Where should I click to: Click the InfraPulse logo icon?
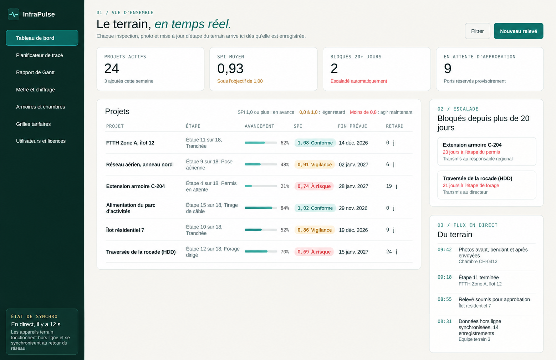coord(14,14)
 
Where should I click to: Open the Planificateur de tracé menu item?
coord(40,55)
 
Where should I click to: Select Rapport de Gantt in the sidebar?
coord(35,72)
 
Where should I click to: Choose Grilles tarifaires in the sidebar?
coord(33,124)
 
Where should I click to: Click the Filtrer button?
coord(477,31)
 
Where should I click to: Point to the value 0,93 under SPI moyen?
coord(230,68)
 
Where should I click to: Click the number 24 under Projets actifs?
coord(111,68)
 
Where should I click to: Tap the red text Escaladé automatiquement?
coord(358,81)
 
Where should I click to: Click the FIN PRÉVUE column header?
coord(352,126)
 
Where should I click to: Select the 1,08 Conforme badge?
coord(315,143)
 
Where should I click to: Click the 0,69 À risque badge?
coord(314,252)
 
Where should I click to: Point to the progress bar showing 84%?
coord(261,208)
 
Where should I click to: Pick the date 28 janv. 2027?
coord(353,186)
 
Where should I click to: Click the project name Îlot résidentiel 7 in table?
coord(125,230)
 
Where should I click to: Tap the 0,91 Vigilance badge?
coord(315,164)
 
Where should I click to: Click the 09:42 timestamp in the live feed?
coord(444,250)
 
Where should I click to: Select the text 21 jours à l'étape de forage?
coord(471,186)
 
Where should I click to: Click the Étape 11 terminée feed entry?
coord(478,277)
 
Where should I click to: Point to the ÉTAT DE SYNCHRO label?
coord(34,316)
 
